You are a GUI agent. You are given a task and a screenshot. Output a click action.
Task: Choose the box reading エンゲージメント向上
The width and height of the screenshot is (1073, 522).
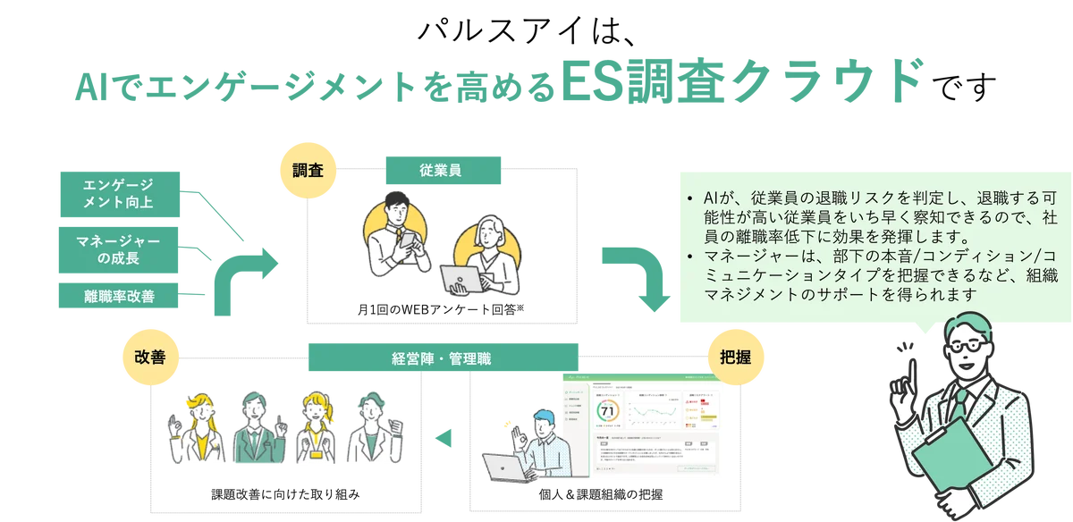click(x=120, y=192)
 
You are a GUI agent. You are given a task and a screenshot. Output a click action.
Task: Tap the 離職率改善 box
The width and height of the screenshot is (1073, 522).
click(x=120, y=296)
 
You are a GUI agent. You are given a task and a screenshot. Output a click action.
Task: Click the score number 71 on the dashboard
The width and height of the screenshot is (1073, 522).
click(x=608, y=411)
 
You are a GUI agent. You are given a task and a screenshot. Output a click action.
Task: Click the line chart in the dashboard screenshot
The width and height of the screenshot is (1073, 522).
click(x=657, y=411)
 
